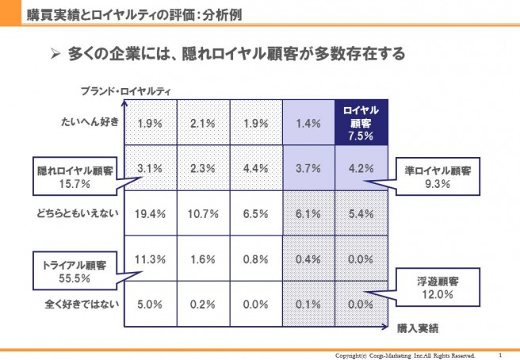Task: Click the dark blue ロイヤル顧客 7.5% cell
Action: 361,123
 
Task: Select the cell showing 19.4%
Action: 151,214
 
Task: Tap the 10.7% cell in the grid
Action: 204,214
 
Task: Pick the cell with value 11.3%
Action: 151,258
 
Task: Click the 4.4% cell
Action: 255,168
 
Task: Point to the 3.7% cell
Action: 308,168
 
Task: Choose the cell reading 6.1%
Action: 308,214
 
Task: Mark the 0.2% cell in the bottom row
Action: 204,302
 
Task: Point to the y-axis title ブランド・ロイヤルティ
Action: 125,91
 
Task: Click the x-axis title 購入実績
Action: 419,327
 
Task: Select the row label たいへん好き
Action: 90,124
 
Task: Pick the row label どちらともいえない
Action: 76,214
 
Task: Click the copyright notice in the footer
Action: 405,354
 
